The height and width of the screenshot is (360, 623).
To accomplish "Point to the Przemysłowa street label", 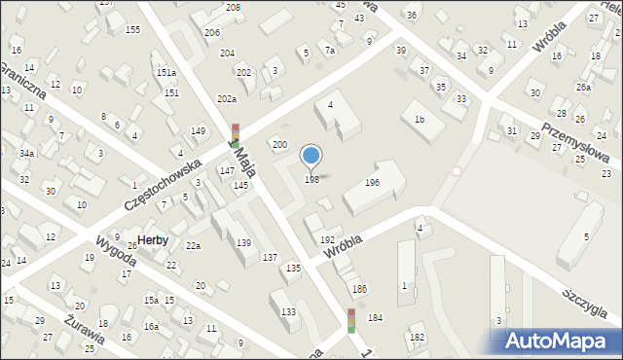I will coord(575,145).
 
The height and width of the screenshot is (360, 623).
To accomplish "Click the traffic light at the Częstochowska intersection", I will coord(235,135).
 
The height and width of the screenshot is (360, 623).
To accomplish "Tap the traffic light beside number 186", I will coord(351,321).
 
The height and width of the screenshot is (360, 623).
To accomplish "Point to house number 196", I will coord(372,182).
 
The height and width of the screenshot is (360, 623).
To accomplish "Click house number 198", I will coord(311,179).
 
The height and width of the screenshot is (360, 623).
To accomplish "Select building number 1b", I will coord(419,119).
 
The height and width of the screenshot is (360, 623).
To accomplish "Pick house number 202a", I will coord(227,99).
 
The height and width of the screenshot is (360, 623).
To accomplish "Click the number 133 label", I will coord(289,311).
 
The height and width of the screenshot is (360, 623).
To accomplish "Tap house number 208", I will coord(233,8).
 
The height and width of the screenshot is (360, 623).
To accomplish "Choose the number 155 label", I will coord(133,29).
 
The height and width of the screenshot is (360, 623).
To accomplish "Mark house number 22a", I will coord(194,245).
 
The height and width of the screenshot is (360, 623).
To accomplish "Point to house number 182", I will coord(418,337).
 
